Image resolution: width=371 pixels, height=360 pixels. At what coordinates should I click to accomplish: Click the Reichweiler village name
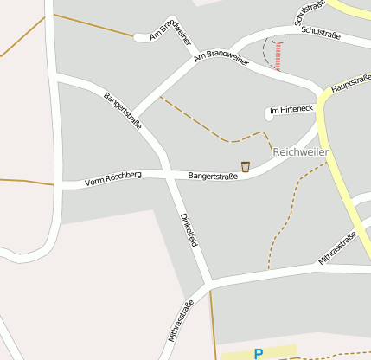click(301, 151)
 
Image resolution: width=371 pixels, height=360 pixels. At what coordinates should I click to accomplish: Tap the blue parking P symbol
click(258, 353)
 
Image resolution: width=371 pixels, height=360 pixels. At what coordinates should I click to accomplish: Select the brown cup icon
click(246, 166)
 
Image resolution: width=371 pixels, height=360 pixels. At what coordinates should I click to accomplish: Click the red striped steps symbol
click(278, 57)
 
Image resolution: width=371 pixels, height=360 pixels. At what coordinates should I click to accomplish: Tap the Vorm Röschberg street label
click(112, 179)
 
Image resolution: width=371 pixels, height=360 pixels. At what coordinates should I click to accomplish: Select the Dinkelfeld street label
click(189, 229)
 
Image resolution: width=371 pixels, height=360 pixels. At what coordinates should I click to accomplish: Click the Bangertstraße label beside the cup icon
click(213, 176)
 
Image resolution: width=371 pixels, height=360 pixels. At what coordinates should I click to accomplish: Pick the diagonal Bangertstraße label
click(123, 110)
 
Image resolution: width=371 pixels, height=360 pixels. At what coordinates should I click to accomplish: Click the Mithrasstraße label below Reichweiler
click(338, 247)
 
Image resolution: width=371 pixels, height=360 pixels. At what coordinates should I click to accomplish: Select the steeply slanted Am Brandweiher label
click(171, 31)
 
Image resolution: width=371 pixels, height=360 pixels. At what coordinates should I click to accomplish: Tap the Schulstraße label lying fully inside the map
click(321, 34)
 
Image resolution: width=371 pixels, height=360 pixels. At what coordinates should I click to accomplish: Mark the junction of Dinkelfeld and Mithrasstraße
click(209, 283)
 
